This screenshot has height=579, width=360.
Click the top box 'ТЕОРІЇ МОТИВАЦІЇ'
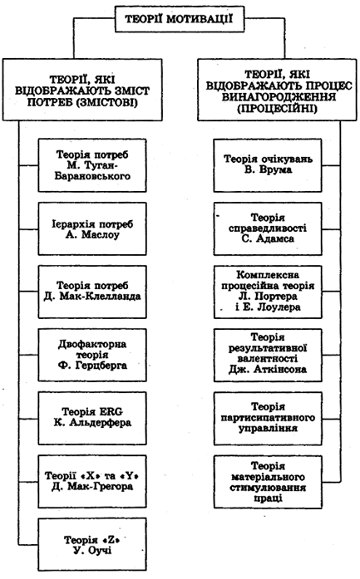pyautogui.click(x=180, y=18)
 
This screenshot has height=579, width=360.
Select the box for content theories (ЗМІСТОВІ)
pyautogui.click(x=82, y=90)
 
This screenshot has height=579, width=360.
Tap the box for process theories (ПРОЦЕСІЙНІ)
pyautogui.click(x=277, y=90)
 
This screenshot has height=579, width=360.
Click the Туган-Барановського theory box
pyautogui.click(x=92, y=165)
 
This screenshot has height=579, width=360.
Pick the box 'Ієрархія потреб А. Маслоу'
pyautogui.click(x=92, y=229)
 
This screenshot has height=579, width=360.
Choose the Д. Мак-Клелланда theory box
pyautogui.click(x=92, y=292)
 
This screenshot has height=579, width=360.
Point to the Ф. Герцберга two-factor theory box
pyautogui.click(x=92, y=355)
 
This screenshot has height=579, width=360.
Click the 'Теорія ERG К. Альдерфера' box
pyautogui.click(x=92, y=418)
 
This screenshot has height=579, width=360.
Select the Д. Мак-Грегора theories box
pyautogui.click(x=92, y=482)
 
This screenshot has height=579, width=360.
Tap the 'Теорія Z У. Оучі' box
pyautogui.click(x=92, y=544)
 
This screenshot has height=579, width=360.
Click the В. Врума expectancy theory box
pyautogui.click(x=268, y=165)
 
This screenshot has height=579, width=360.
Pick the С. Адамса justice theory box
pyautogui.click(x=268, y=229)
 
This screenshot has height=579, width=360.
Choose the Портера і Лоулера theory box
pyautogui.click(x=268, y=292)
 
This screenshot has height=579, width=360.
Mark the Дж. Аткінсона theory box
pyautogui.click(x=268, y=355)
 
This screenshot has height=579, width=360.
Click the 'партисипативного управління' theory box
pyautogui.click(x=268, y=418)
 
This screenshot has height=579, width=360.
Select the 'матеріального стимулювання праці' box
pyautogui.click(x=268, y=482)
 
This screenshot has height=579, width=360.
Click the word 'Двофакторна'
pyautogui.click(x=92, y=344)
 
